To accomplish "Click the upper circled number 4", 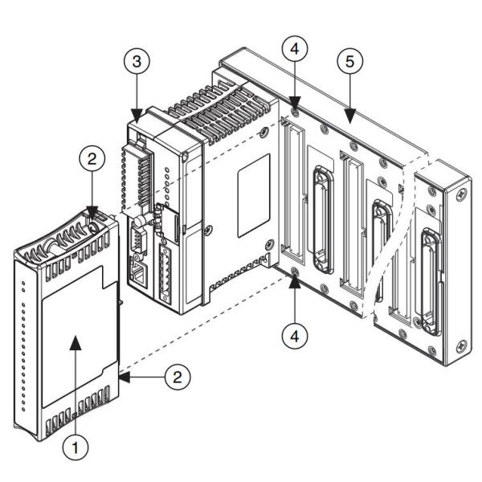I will pos(296,50).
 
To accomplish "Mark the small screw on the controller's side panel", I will pos(208,230).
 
